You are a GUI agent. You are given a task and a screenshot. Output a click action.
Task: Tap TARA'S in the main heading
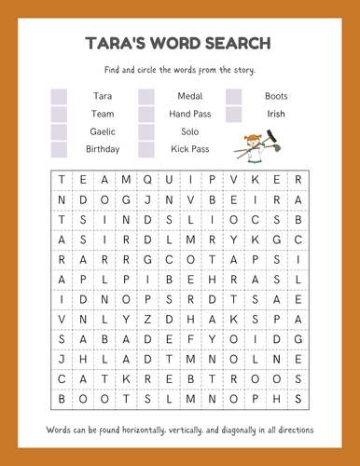[110, 44]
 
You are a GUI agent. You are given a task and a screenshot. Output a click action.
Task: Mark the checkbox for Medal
[146, 96]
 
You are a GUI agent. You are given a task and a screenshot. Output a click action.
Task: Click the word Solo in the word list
[190, 131]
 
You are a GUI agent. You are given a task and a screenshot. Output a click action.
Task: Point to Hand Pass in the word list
[190, 114]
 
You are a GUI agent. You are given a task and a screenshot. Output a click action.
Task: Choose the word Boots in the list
[276, 96]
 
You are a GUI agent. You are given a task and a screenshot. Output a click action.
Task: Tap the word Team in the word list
[103, 114]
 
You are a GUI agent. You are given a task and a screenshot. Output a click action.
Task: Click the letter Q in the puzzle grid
[146, 178]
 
